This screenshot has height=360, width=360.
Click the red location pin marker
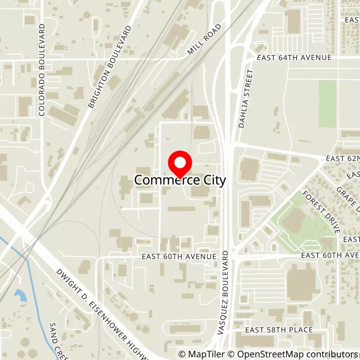click(x=180, y=164)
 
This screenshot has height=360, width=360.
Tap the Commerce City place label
click(x=180, y=180)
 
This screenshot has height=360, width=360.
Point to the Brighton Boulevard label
click(x=109, y=67)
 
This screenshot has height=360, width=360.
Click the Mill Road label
click(x=205, y=40)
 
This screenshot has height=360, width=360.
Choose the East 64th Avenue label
click(x=294, y=58)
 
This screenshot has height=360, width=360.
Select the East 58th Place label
click(x=282, y=330)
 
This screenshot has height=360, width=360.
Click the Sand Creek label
click(x=56, y=340)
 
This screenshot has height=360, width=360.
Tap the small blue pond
click(x=20, y=295)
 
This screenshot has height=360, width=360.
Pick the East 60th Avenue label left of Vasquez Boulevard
click(x=179, y=256)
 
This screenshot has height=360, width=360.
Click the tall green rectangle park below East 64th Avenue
click(x=328, y=104)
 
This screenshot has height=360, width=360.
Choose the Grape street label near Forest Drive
click(x=347, y=198)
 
